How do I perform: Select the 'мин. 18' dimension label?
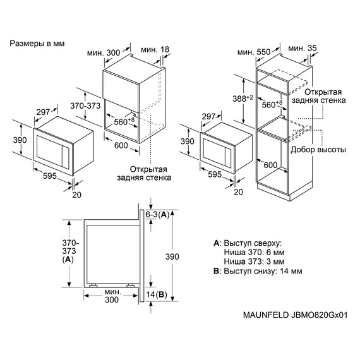(x=155, y=49)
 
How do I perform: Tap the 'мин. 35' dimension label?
(x=303, y=49)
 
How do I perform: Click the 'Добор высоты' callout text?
(x=318, y=150)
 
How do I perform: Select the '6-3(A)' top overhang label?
(x=159, y=215)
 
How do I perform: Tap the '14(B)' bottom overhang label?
(x=155, y=294)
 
